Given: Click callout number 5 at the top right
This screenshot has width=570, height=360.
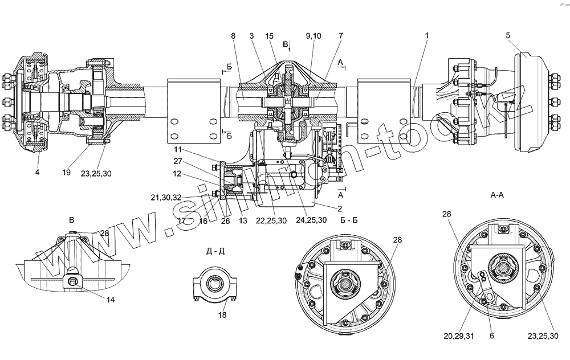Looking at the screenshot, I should [x=508, y=35].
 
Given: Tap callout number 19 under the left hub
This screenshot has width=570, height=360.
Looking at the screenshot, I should [x=67, y=172].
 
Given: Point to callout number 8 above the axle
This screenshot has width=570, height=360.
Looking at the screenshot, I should [x=234, y=35].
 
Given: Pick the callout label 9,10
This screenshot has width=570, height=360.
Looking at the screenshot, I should [x=313, y=35].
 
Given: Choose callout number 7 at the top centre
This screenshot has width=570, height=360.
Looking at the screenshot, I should [x=340, y=35].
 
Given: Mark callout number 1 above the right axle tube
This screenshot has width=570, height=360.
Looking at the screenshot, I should [x=426, y=35].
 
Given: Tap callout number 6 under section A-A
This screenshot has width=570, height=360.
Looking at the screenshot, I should [x=491, y=336].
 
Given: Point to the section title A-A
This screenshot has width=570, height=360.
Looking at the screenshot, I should [x=496, y=194].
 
